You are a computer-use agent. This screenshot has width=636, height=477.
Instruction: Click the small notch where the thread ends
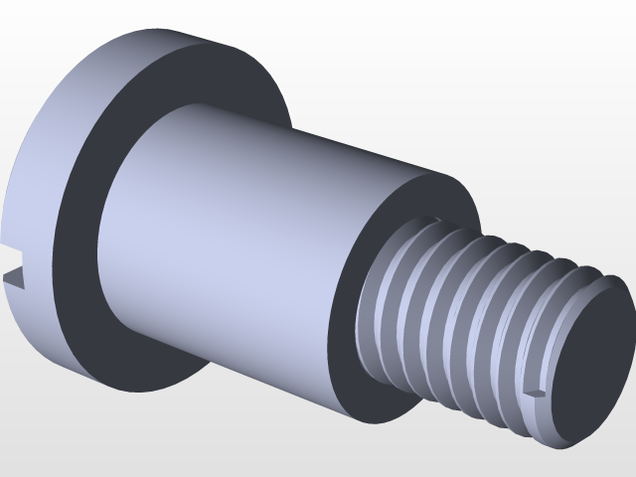pyautogui.click(x=537, y=395)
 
